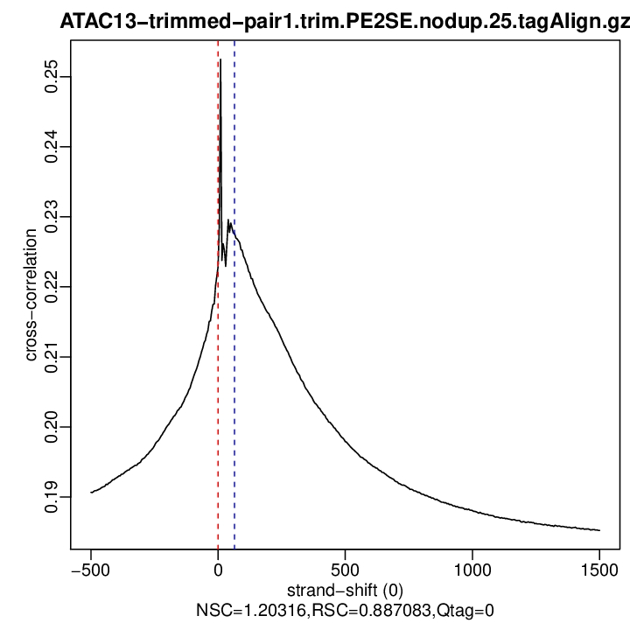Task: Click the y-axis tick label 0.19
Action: point(52,497)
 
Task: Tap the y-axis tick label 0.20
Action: point(52,427)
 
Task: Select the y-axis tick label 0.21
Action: point(52,357)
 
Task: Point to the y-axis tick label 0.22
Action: point(52,287)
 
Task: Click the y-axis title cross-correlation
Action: point(31,295)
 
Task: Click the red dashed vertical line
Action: point(218,394)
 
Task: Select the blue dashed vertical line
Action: point(234,394)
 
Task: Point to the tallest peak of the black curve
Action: point(220,59)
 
